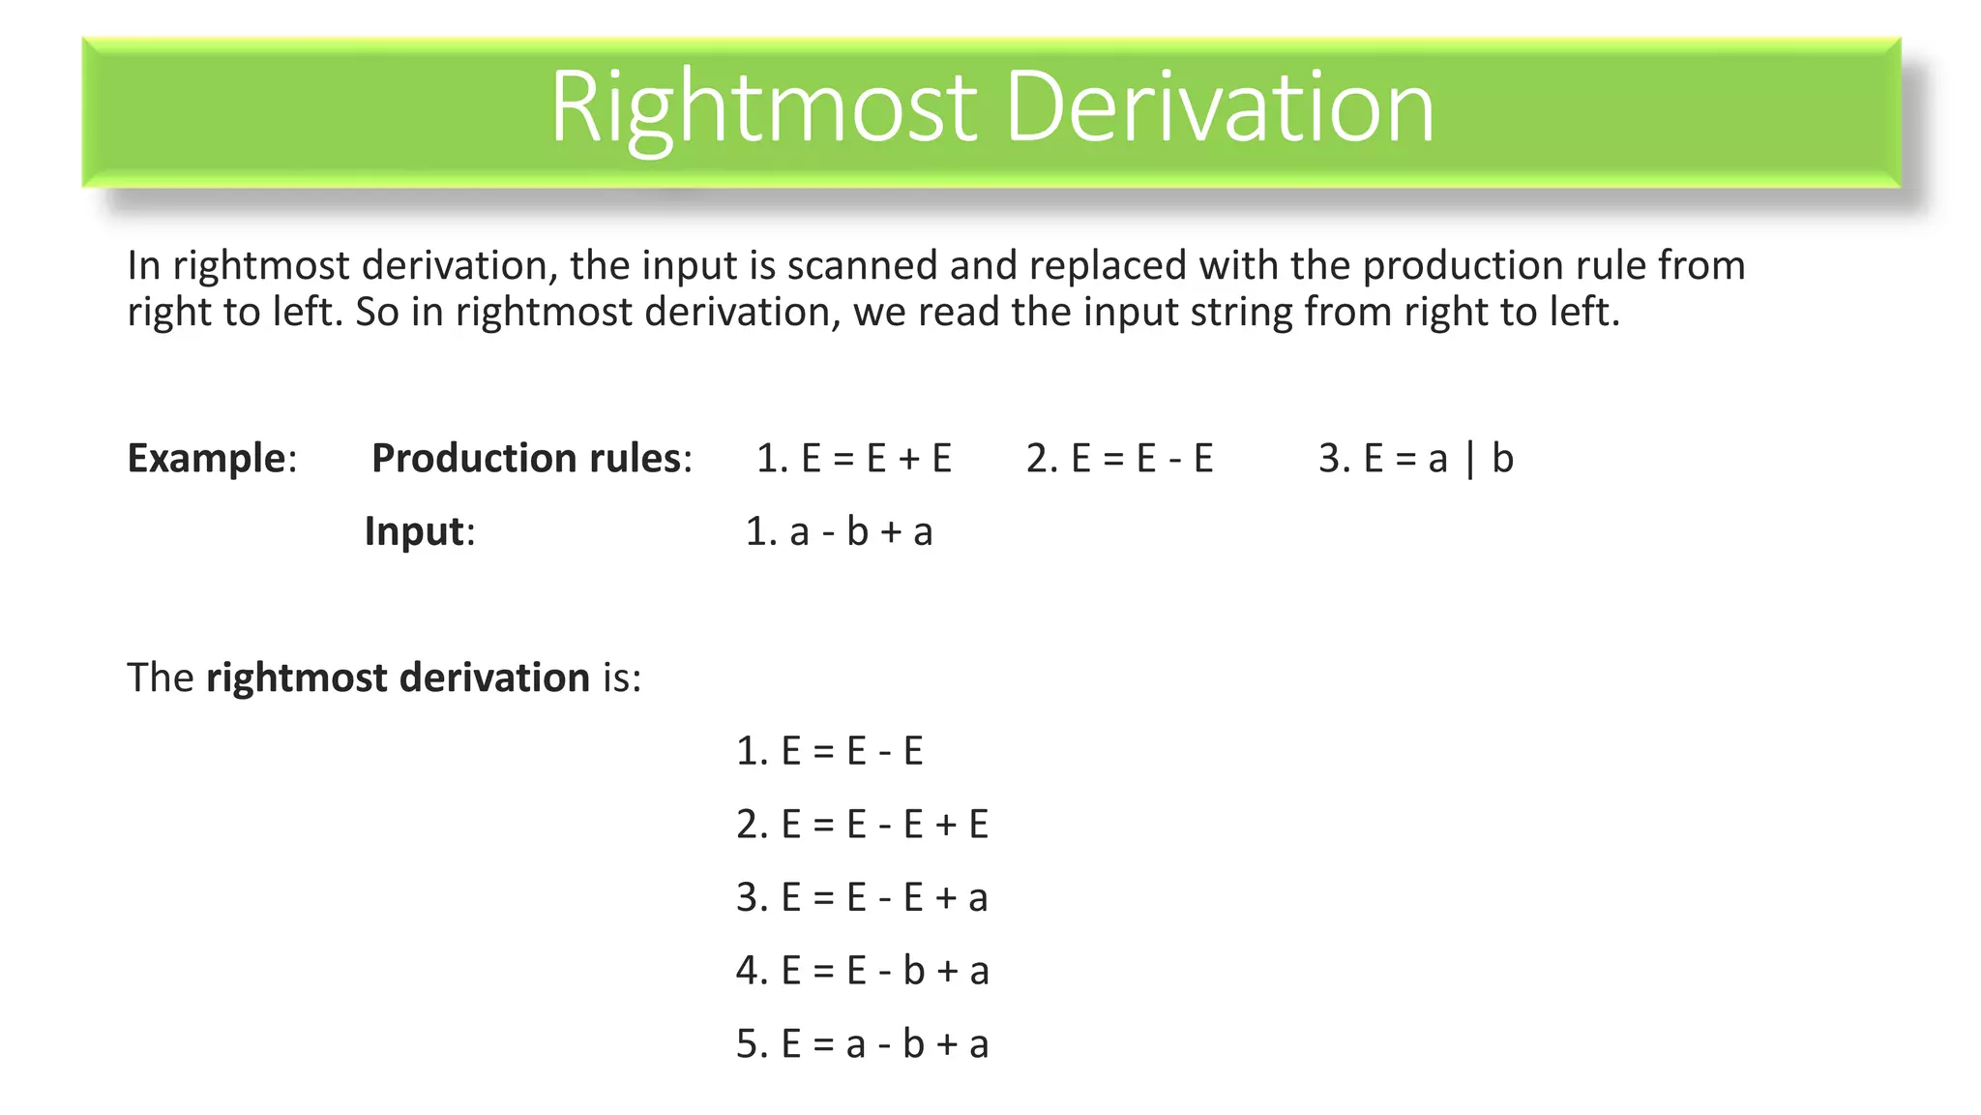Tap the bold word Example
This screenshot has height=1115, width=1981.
coord(207,458)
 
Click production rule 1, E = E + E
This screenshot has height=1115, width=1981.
coord(854,458)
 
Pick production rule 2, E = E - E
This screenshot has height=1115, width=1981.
coord(1120,458)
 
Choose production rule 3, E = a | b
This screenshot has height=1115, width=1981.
coord(1416,458)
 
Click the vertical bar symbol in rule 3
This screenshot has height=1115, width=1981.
coord(1470,459)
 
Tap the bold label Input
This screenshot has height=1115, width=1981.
coord(414,531)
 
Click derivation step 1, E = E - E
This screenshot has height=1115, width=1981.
coord(830,751)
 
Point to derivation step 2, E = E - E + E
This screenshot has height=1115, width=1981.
coord(862,825)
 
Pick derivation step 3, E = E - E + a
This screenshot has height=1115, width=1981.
coord(862,897)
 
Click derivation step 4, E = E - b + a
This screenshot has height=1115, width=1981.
coord(862,971)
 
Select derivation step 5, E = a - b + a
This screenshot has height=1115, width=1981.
coord(862,1044)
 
